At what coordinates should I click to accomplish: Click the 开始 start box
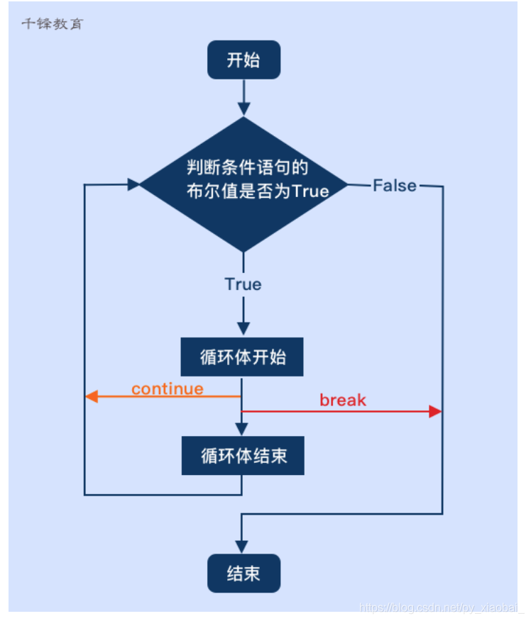[243, 60]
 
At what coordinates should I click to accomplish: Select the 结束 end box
[243, 574]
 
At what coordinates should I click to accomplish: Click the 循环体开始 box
[242, 357]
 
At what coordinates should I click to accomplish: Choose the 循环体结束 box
[243, 455]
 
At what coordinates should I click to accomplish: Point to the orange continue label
[168, 388]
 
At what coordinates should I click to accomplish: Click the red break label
[343, 400]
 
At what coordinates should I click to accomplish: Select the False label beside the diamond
[395, 186]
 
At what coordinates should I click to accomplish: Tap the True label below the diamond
[243, 284]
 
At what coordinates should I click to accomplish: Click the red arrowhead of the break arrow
[435, 412]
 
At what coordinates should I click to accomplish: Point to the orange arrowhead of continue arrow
[92, 397]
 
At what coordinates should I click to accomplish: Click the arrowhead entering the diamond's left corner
[133, 184]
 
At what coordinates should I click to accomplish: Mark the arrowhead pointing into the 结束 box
[243, 548]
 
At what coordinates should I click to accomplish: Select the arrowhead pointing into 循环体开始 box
[243, 329]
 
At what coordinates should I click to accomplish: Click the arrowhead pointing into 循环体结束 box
[243, 428]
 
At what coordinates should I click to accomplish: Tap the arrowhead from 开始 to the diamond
[243, 108]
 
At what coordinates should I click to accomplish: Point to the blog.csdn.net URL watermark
[441, 608]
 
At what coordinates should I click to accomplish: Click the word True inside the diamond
[310, 191]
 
